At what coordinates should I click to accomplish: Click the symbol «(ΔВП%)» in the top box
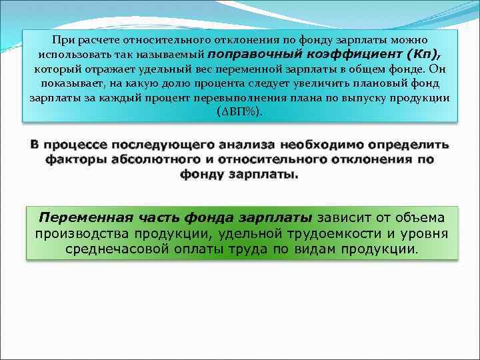coord(240,111)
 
